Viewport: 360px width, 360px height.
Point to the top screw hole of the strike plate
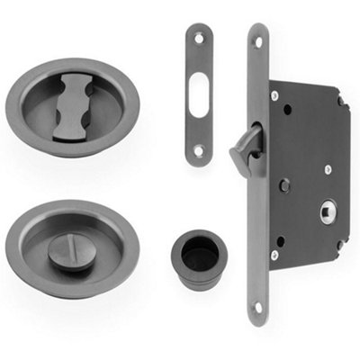[199, 38]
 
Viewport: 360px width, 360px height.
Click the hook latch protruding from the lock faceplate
[244, 148]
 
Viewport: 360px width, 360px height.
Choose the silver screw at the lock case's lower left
[276, 256]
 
